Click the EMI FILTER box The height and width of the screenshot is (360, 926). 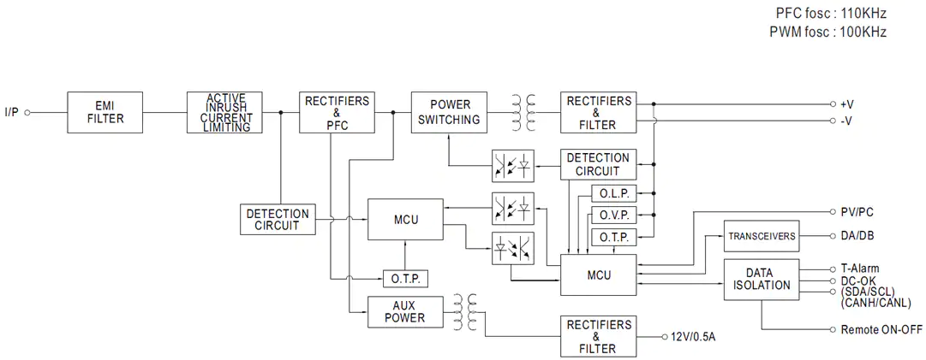pos(105,112)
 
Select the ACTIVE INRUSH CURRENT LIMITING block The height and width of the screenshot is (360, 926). pos(224,112)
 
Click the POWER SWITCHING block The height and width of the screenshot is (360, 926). pos(450,112)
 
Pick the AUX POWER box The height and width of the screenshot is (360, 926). pos(404,312)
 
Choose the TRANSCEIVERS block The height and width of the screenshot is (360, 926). pos(762,236)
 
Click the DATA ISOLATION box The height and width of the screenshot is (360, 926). pos(762,280)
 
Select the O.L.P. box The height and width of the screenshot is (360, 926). pos(613,193)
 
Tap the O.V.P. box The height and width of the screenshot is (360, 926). pos(613,215)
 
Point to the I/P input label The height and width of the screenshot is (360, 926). pos(12,112)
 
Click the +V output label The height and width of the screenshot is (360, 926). pos(847,104)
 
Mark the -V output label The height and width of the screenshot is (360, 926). pos(846,121)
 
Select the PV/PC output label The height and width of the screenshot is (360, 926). pos(857,212)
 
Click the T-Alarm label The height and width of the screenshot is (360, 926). pos(860,269)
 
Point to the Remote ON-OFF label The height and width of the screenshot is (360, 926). pos(877,330)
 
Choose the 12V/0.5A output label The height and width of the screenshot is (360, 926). pos(694,337)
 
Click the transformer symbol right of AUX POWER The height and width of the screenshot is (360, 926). pos(464,312)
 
